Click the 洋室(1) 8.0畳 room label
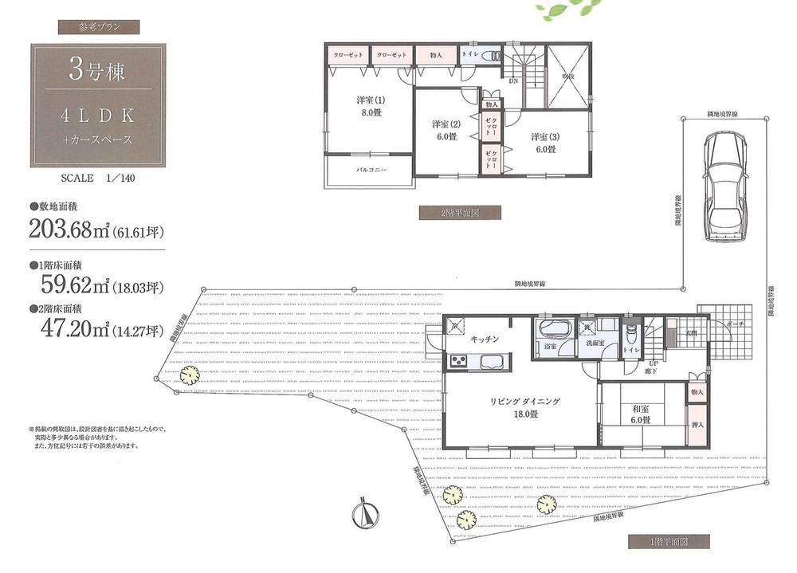point(370,106)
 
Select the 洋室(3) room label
point(545,141)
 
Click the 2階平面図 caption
point(460,213)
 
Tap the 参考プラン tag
point(99,26)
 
